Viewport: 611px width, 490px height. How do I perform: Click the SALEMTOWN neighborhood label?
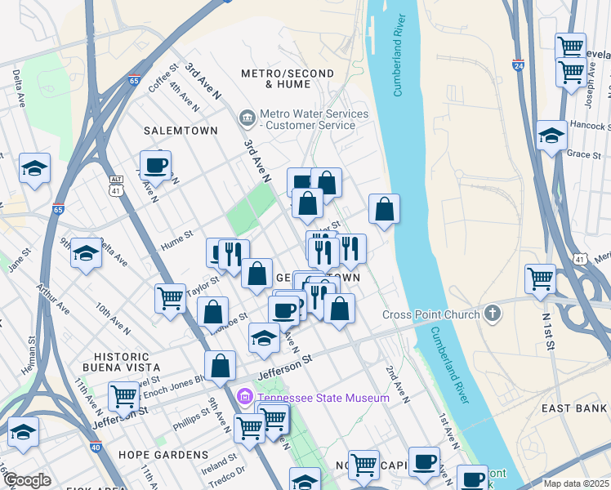click(181, 131)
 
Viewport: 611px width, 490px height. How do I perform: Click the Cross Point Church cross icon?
click(491, 314)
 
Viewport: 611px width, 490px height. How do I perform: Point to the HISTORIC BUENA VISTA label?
click(123, 363)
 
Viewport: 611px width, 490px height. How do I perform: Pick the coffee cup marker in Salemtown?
click(155, 165)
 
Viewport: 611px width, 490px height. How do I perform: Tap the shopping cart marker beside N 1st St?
click(541, 278)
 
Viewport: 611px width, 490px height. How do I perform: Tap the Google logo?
click(27, 480)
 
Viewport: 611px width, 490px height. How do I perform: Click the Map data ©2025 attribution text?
click(576, 483)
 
